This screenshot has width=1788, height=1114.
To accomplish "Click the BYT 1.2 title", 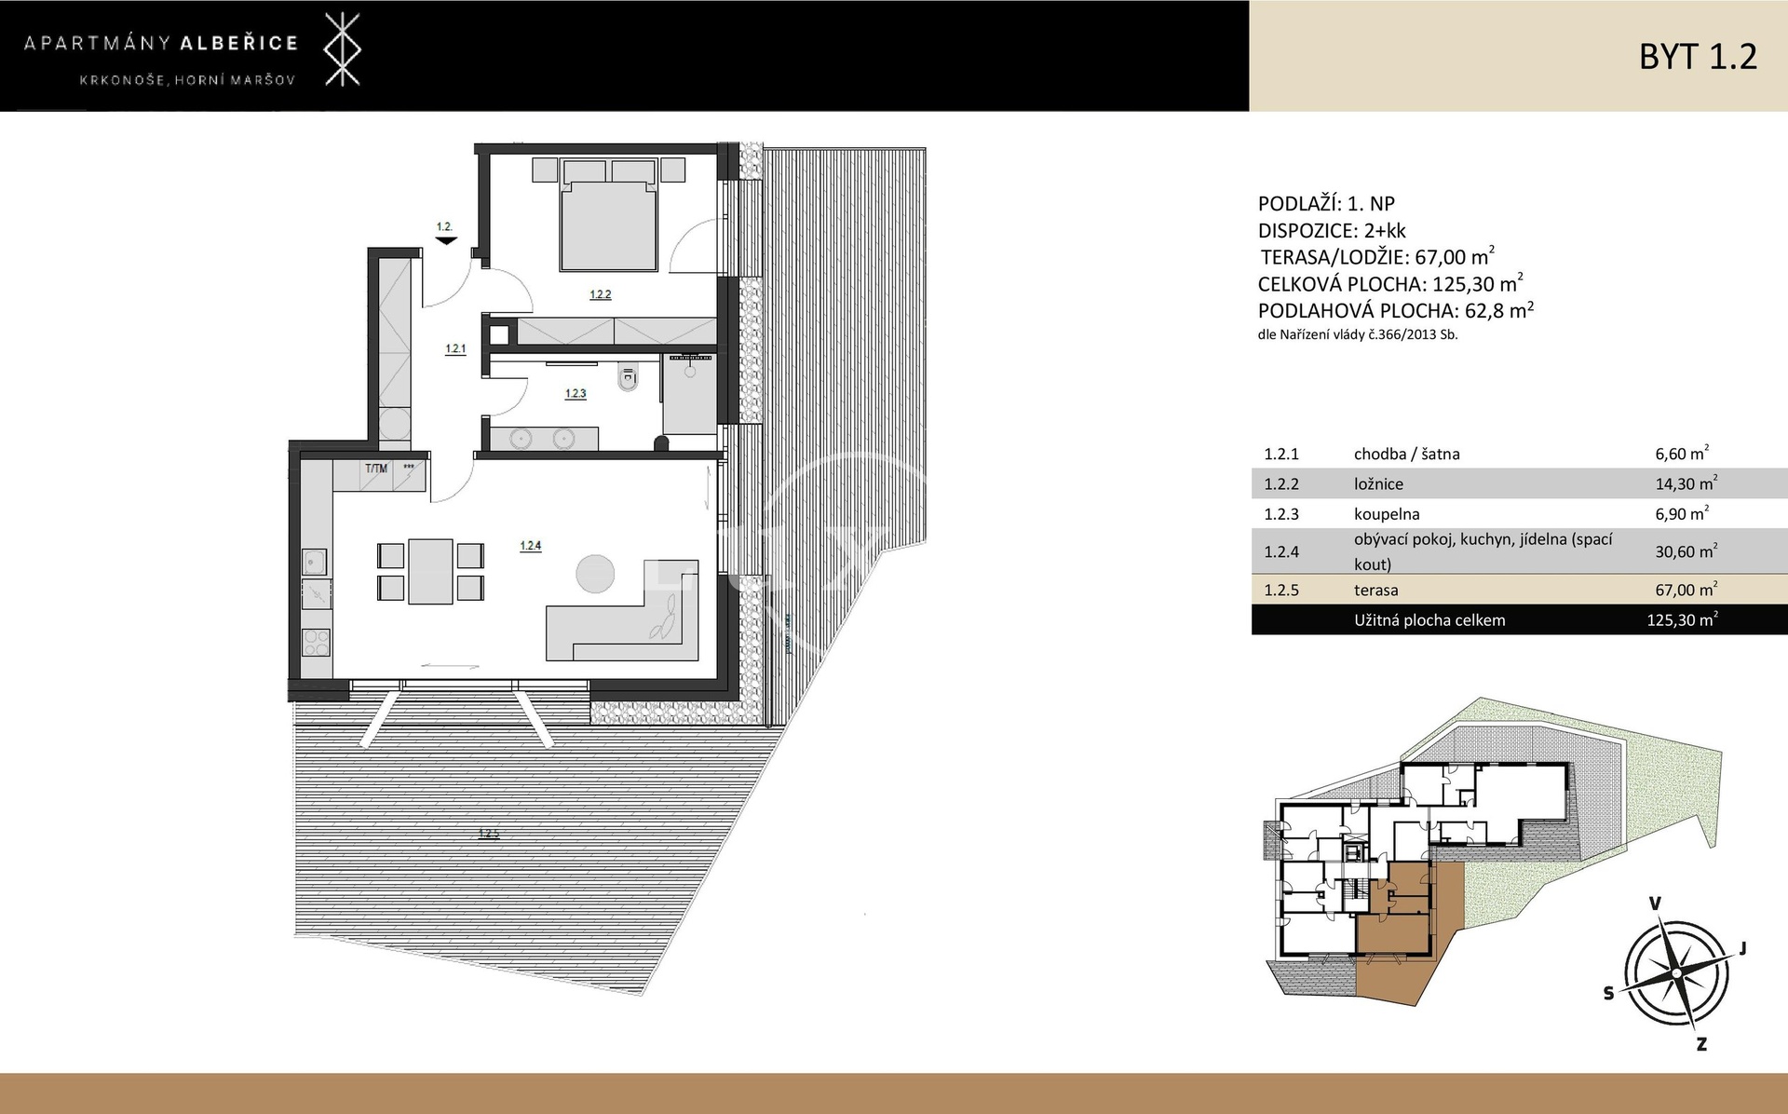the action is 1698,57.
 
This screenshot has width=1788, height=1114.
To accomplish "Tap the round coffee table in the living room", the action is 594,573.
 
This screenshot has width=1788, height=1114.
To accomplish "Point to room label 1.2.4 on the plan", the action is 530,546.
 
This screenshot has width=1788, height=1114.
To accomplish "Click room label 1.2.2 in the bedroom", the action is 600,294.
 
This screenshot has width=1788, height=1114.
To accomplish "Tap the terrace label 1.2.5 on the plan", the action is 489,835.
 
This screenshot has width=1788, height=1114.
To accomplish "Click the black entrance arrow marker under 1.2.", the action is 446,241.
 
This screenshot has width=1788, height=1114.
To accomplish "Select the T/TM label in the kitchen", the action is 376,469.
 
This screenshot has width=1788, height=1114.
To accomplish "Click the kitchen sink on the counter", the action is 314,563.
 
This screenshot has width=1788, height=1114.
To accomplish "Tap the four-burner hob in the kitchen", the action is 317,644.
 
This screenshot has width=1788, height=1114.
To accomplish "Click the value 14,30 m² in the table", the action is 1686,483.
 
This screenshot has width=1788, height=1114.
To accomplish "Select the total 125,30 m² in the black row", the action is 1682,619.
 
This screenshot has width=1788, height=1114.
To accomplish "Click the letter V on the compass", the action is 1656,903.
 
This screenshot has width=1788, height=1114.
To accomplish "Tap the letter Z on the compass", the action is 1701,1044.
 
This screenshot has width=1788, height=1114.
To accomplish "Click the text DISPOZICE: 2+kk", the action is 1332,231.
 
